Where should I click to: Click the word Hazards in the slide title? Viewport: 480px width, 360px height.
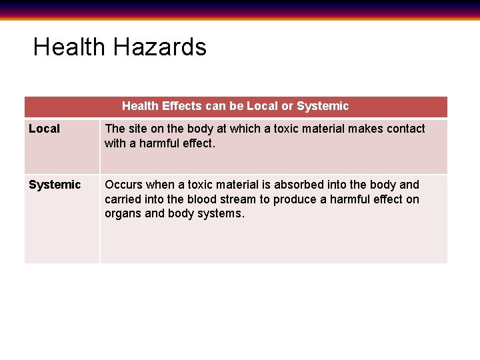coord(160,47)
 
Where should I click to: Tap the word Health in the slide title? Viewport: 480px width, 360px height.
coord(69,47)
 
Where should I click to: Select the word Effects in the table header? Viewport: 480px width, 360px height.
coord(181,106)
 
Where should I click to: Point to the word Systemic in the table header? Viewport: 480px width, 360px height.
coord(323,106)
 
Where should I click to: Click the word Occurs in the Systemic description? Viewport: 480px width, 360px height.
coord(123,185)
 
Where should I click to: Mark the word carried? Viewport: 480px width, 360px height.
coord(124,199)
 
